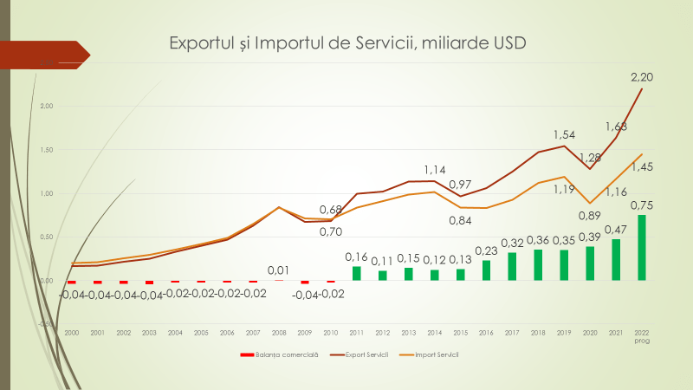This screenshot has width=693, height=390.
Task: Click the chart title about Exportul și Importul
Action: (346, 42)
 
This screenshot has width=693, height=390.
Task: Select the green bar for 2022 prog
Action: (642, 248)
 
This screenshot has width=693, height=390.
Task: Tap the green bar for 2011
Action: (356, 273)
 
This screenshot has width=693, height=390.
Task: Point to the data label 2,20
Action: (642, 77)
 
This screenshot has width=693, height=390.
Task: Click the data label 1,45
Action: (642, 166)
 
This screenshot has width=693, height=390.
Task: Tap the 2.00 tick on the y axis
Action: (46, 106)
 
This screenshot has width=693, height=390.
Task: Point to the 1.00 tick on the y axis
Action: (46, 193)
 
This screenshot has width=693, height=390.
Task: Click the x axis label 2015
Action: (460, 332)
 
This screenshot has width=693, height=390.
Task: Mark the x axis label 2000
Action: (72, 332)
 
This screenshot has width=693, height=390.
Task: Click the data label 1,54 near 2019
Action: (565, 135)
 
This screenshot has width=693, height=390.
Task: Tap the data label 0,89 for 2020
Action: (589, 216)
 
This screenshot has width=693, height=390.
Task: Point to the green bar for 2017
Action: (512, 266)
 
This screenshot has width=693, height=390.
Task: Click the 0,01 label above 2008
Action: (279, 270)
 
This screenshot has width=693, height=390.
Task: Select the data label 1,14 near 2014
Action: (435, 170)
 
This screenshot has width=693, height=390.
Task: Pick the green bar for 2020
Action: (590, 263)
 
